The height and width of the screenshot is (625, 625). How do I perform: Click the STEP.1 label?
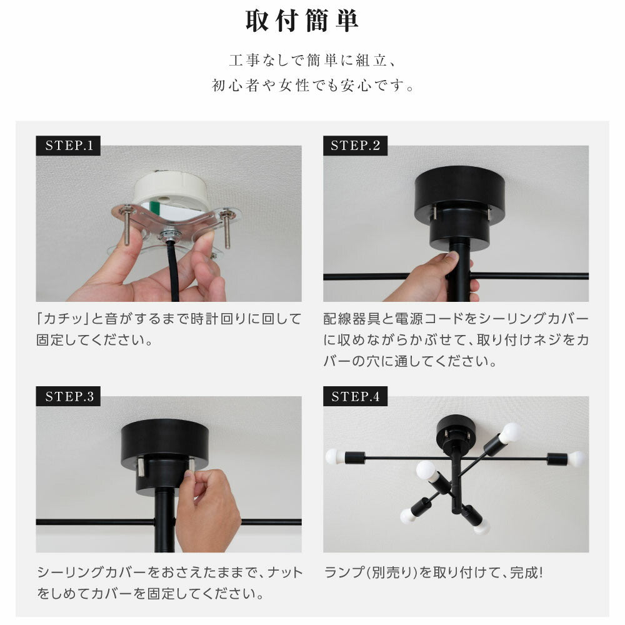(68, 146)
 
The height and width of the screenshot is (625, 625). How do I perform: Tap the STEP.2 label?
(355, 146)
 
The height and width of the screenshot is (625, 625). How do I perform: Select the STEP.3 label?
(68, 396)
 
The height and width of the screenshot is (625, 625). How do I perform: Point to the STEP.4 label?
(355, 396)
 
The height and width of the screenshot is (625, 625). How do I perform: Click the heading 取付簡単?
(302, 21)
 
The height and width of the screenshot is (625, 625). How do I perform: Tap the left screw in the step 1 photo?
(127, 224)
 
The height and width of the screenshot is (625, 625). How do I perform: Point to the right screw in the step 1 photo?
(226, 227)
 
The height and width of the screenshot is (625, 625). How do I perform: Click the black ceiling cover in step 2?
(459, 207)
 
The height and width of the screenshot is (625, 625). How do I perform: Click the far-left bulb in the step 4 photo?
(334, 457)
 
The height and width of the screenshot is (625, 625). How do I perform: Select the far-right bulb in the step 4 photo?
(576, 459)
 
